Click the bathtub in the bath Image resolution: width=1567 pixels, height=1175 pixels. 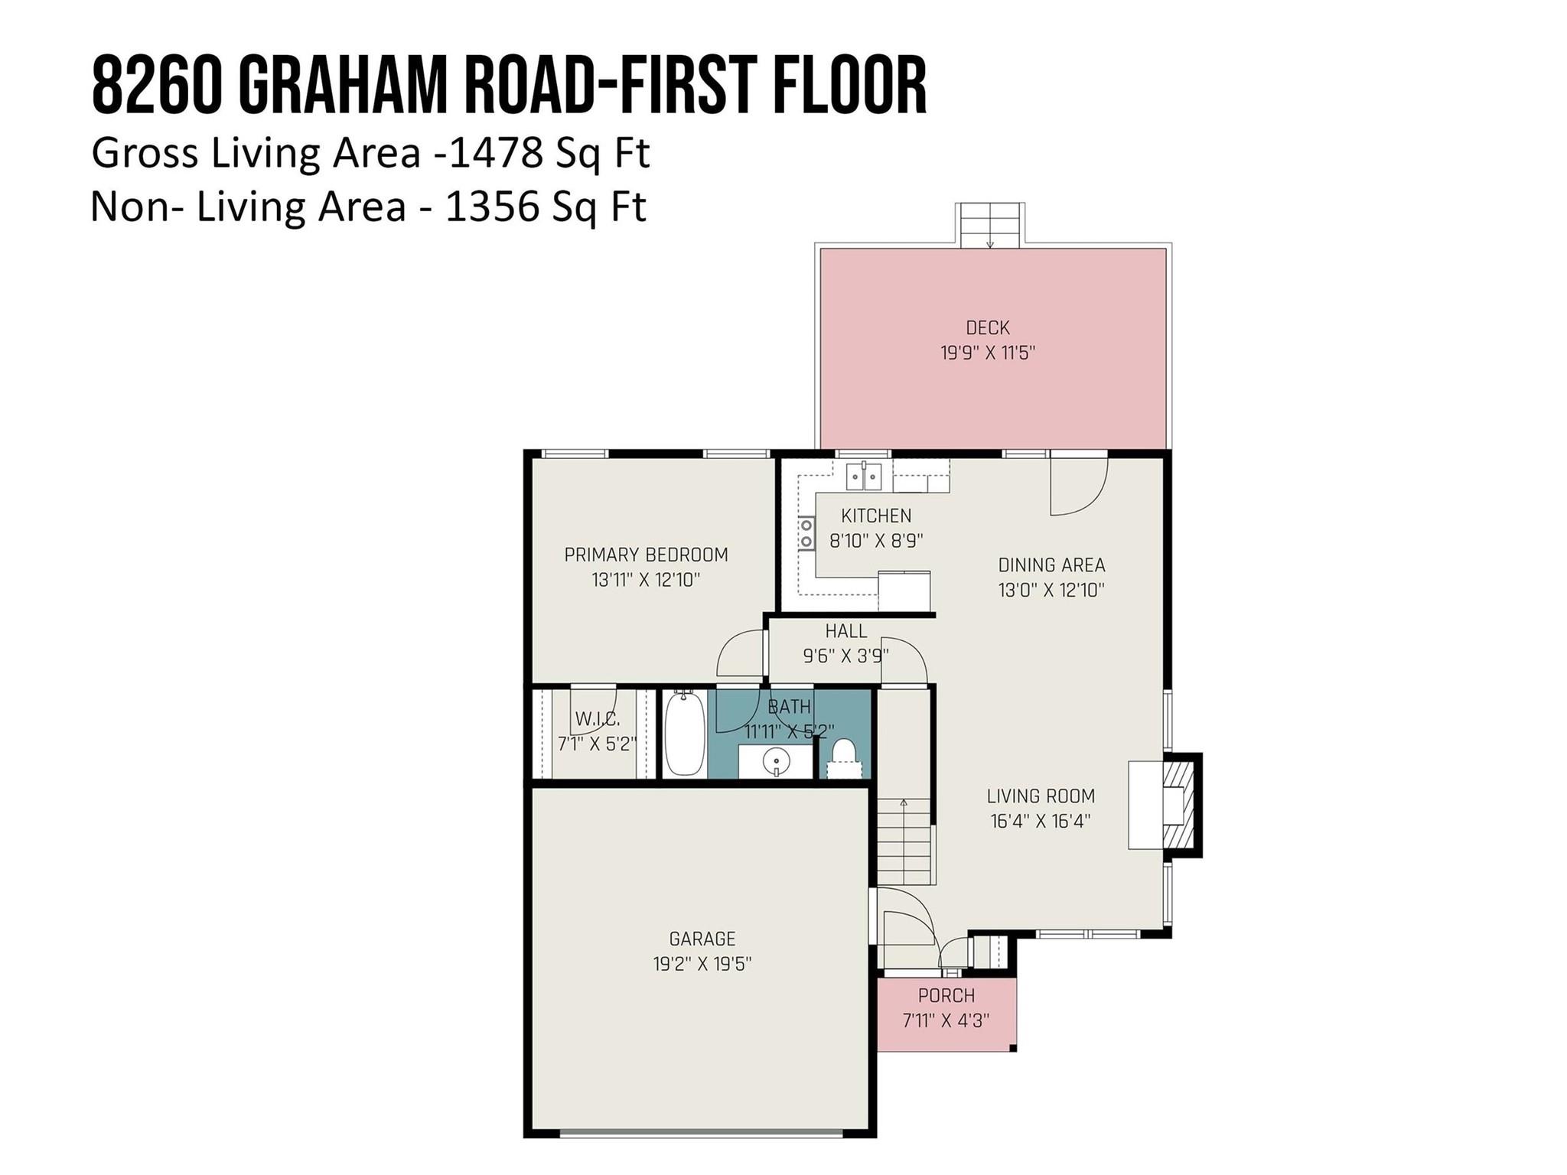(683, 734)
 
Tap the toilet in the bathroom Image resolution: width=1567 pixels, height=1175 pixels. (844, 753)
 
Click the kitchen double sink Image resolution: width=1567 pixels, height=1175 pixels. (863, 476)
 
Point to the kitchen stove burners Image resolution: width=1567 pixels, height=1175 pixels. (806, 532)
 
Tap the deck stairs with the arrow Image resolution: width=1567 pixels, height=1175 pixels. (989, 226)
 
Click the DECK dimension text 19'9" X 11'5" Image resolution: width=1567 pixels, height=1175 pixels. (988, 353)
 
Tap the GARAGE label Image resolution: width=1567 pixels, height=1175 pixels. (702, 939)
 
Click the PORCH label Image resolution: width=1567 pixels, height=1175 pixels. (946, 995)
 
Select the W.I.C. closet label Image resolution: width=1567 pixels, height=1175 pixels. (597, 719)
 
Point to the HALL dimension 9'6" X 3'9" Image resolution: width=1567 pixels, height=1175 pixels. (845, 656)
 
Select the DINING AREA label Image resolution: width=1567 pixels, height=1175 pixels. (1051, 565)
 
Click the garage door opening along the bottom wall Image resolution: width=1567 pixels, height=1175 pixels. (700, 1134)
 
